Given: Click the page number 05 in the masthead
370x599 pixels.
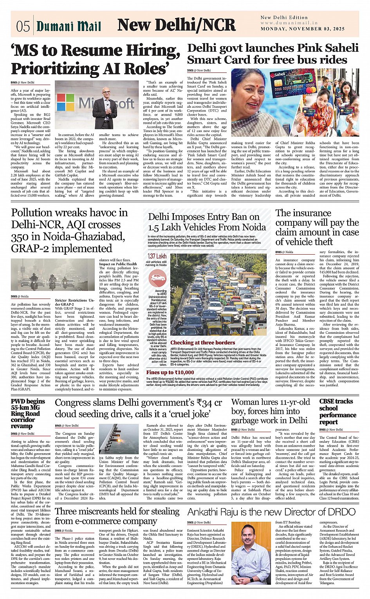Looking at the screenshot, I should [23, 26].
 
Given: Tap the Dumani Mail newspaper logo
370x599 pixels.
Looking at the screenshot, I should [69, 26].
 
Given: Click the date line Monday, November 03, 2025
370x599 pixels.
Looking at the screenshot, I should [303, 29].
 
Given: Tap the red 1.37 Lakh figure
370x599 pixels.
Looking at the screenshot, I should [157, 256].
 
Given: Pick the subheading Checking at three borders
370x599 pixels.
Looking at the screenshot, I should [202, 342].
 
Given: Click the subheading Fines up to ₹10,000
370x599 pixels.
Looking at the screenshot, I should [170, 373].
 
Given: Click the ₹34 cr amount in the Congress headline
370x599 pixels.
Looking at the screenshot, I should [211, 403].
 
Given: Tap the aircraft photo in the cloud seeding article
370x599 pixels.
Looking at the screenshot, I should [119, 438].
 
